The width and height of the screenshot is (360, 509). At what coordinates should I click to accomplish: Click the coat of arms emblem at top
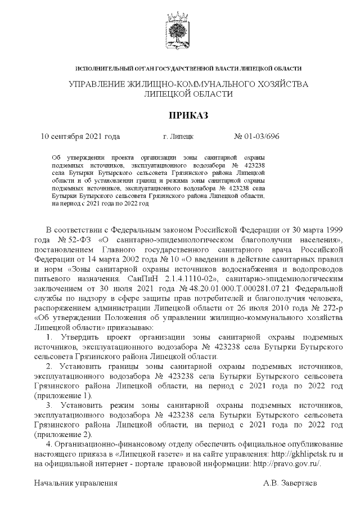pos(181,29)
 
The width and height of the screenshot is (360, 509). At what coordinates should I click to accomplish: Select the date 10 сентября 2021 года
pos(81,136)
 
